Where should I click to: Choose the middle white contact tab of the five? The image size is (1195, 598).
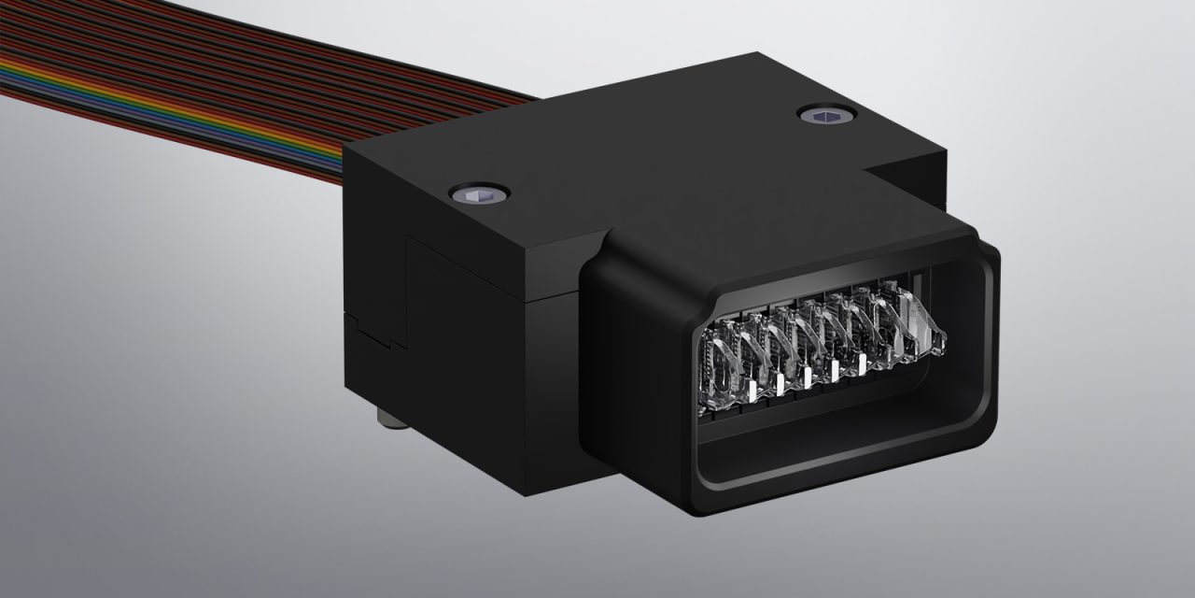click(807, 376)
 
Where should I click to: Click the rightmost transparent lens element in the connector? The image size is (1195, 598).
click(920, 322)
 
